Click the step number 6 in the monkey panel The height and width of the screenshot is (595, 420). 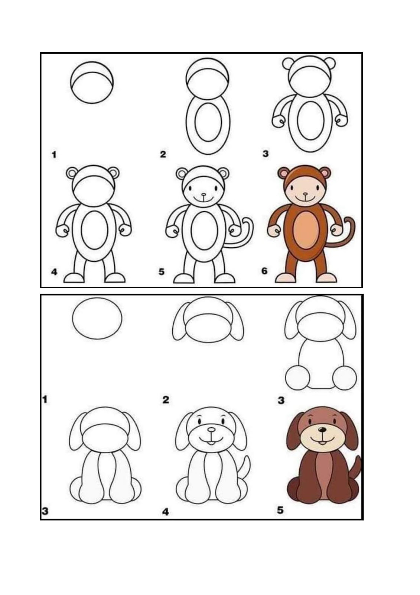[x=264, y=271]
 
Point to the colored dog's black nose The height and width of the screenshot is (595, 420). [x=322, y=430]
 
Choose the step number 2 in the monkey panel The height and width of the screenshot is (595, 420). [x=163, y=154]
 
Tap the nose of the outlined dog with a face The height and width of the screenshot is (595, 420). [x=211, y=430]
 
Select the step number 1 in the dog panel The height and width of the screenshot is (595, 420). [x=45, y=399]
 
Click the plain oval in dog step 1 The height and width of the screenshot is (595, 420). [x=97, y=318]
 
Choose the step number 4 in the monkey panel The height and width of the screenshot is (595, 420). [x=54, y=272]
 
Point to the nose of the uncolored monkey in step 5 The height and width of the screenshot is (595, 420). [x=203, y=195]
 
